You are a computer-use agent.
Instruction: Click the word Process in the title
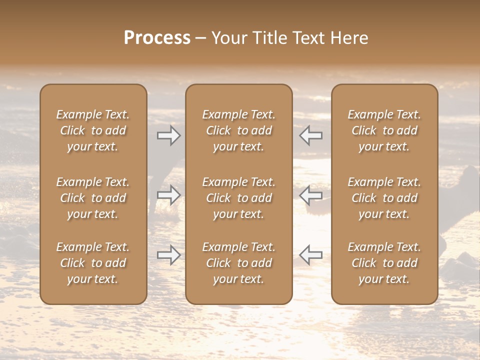[157, 38]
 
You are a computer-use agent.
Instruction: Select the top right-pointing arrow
[169, 135]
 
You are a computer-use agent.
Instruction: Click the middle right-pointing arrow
[169, 195]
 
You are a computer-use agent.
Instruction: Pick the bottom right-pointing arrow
[169, 255]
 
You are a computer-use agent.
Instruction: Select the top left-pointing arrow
[310, 135]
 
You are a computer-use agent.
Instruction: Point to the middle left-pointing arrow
[310, 195]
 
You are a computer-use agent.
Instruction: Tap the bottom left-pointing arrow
[310, 255]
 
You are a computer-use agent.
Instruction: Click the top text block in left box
[93, 130]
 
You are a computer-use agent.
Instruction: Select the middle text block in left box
[93, 198]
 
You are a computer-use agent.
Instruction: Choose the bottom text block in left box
[93, 263]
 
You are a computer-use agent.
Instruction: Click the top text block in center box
[238, 130]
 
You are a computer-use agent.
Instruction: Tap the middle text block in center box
[238, 198]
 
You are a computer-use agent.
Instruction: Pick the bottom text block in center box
[238, 263]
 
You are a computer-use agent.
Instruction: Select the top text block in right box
[384, 130]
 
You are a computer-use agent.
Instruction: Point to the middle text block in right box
[384, 198]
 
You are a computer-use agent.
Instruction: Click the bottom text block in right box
[384, 263]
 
